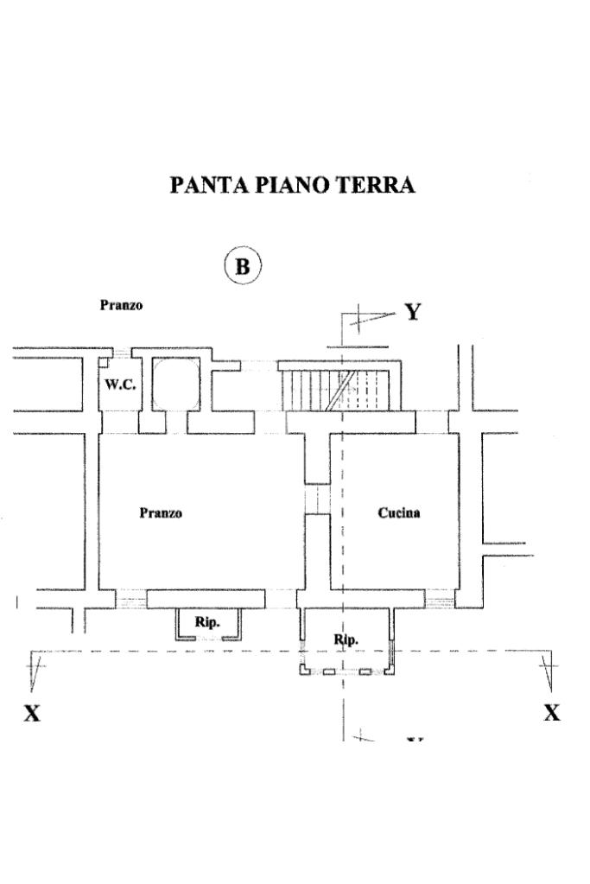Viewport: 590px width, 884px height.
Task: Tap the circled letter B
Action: coord(242,267)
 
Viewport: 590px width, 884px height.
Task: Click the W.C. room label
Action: coord(120,385)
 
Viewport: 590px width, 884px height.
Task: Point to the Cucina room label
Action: coord(399,513)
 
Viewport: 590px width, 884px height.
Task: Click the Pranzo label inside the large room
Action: coord(161,513)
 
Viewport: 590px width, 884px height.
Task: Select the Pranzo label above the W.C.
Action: coord(121,305)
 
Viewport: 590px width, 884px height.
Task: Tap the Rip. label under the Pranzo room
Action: coord(206,621)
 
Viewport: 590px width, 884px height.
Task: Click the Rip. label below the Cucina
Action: coord(346,639)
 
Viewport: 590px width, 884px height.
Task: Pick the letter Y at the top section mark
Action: coord(413,312)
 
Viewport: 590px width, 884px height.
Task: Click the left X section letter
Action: coord(32,713)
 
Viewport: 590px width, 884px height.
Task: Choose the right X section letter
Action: coord(551,713)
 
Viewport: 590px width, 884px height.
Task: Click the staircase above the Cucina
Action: coord(339,390)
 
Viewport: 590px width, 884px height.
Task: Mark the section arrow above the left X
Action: coord(36,670)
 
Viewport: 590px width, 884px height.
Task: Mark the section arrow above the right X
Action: coord(547,670)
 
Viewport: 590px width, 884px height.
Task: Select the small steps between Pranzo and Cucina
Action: coord(318,499)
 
